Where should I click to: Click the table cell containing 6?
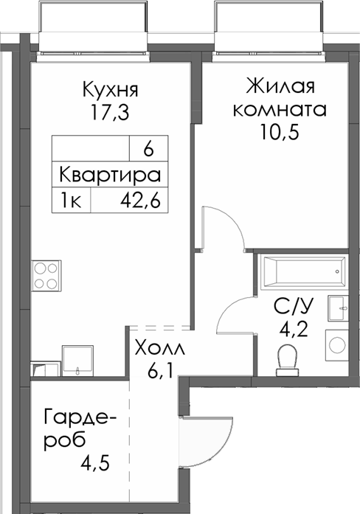tap(148, 150)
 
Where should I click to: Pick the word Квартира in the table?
tap(110, 176)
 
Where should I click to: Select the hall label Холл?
tap(158, 347)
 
